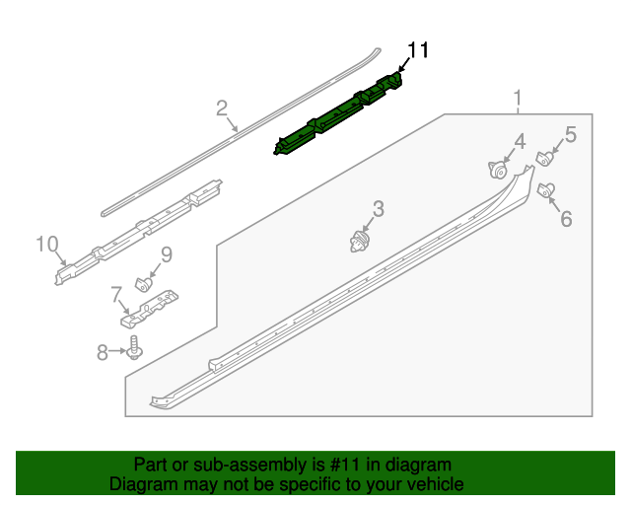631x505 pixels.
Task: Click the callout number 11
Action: click(418, 50)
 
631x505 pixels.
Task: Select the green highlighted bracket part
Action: click(338, 114)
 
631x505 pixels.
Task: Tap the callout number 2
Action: click(222, 108)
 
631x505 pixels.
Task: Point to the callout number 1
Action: click(518, 98)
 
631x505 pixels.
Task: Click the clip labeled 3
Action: click(359, 243)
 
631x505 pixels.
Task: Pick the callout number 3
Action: click(379, 209)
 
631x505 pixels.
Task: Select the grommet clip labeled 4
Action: click(498, 170)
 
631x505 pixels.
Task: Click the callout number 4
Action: click(520, 142)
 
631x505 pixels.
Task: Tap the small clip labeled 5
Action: click(545, 158)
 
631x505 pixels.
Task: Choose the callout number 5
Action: click(571, 134)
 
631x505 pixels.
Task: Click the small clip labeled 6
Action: click(546, 189)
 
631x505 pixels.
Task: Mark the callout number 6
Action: click(566, 219)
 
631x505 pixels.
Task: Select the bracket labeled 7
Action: click(149, 308)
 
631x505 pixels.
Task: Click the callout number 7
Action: click(116, 294)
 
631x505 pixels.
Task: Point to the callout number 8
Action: click(103, 352)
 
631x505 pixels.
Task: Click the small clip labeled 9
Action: click(144, 284)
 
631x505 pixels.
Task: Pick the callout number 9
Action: click(167, 254)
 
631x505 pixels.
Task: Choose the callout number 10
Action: click(47, 244)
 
